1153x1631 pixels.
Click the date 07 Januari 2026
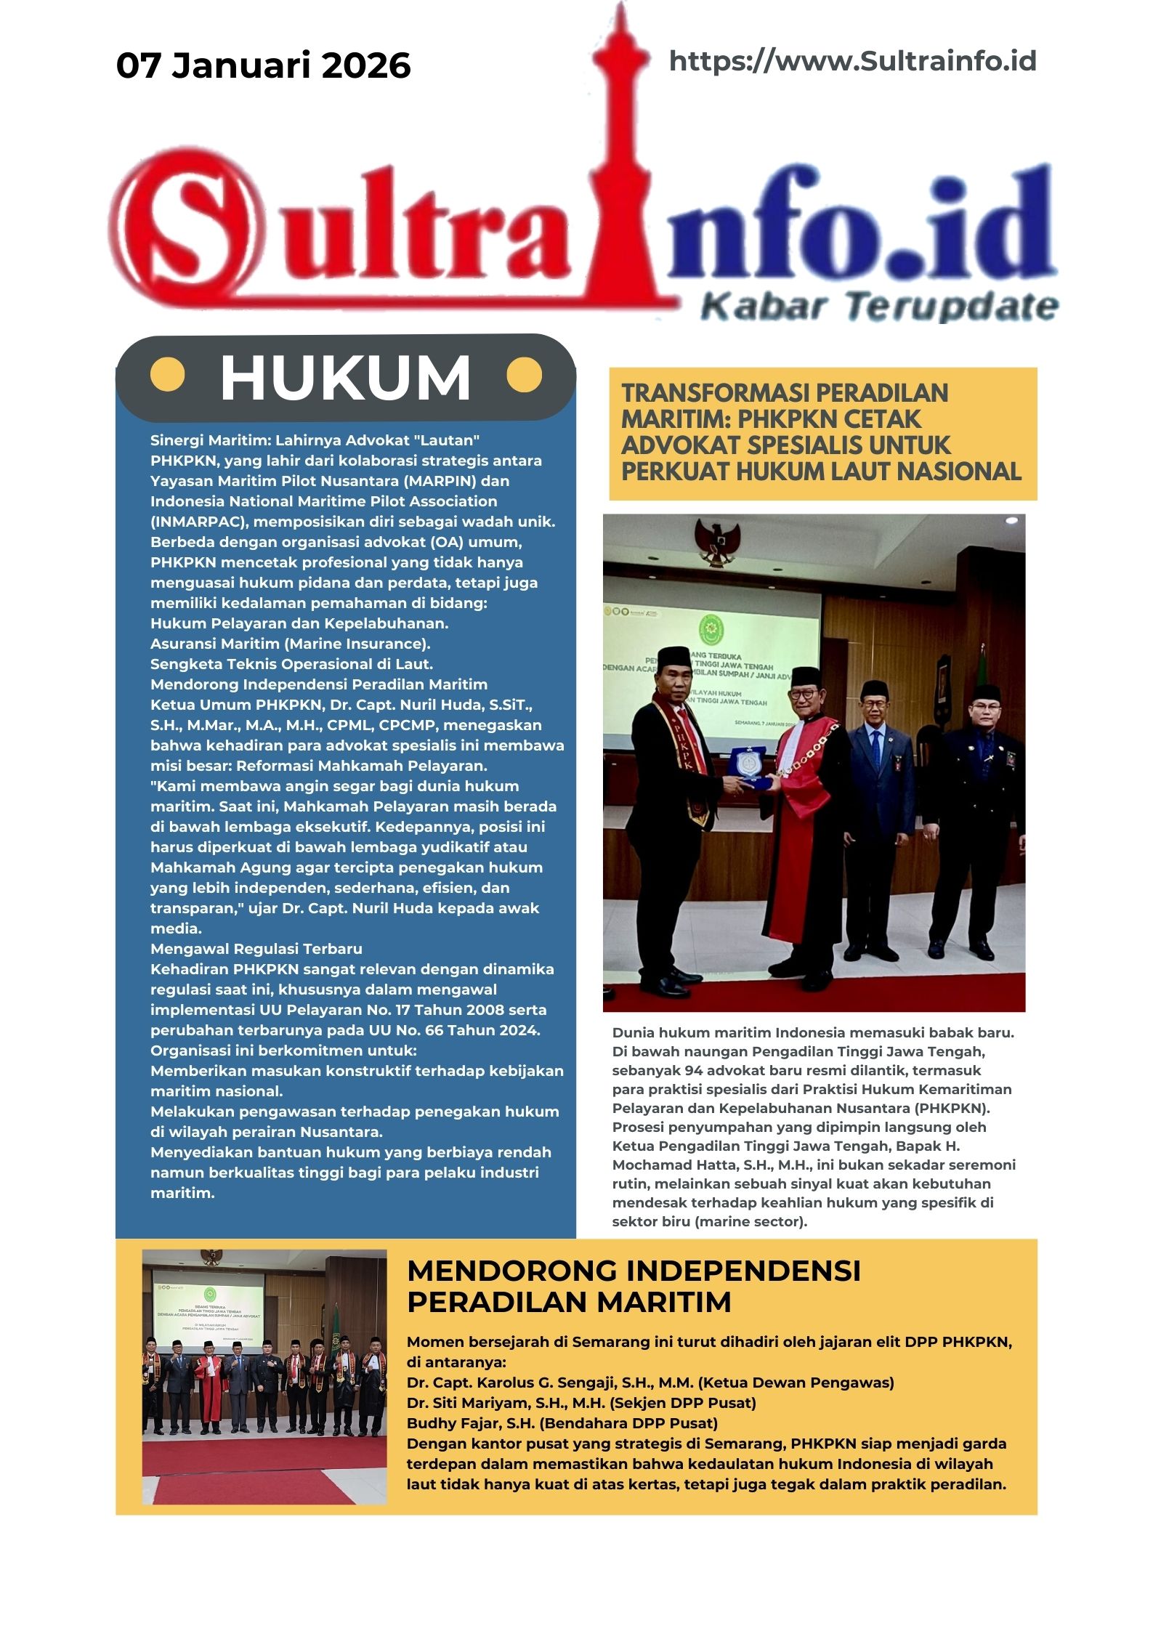point(263,65)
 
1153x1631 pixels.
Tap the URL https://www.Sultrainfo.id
point(852,61)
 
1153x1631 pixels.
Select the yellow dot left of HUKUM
point(167,375)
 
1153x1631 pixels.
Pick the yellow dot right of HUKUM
point(524,375)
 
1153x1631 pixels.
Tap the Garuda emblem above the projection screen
point(717,538)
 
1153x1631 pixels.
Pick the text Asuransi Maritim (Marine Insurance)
point(290,644)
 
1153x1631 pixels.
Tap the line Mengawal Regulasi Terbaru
point(256,949)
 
